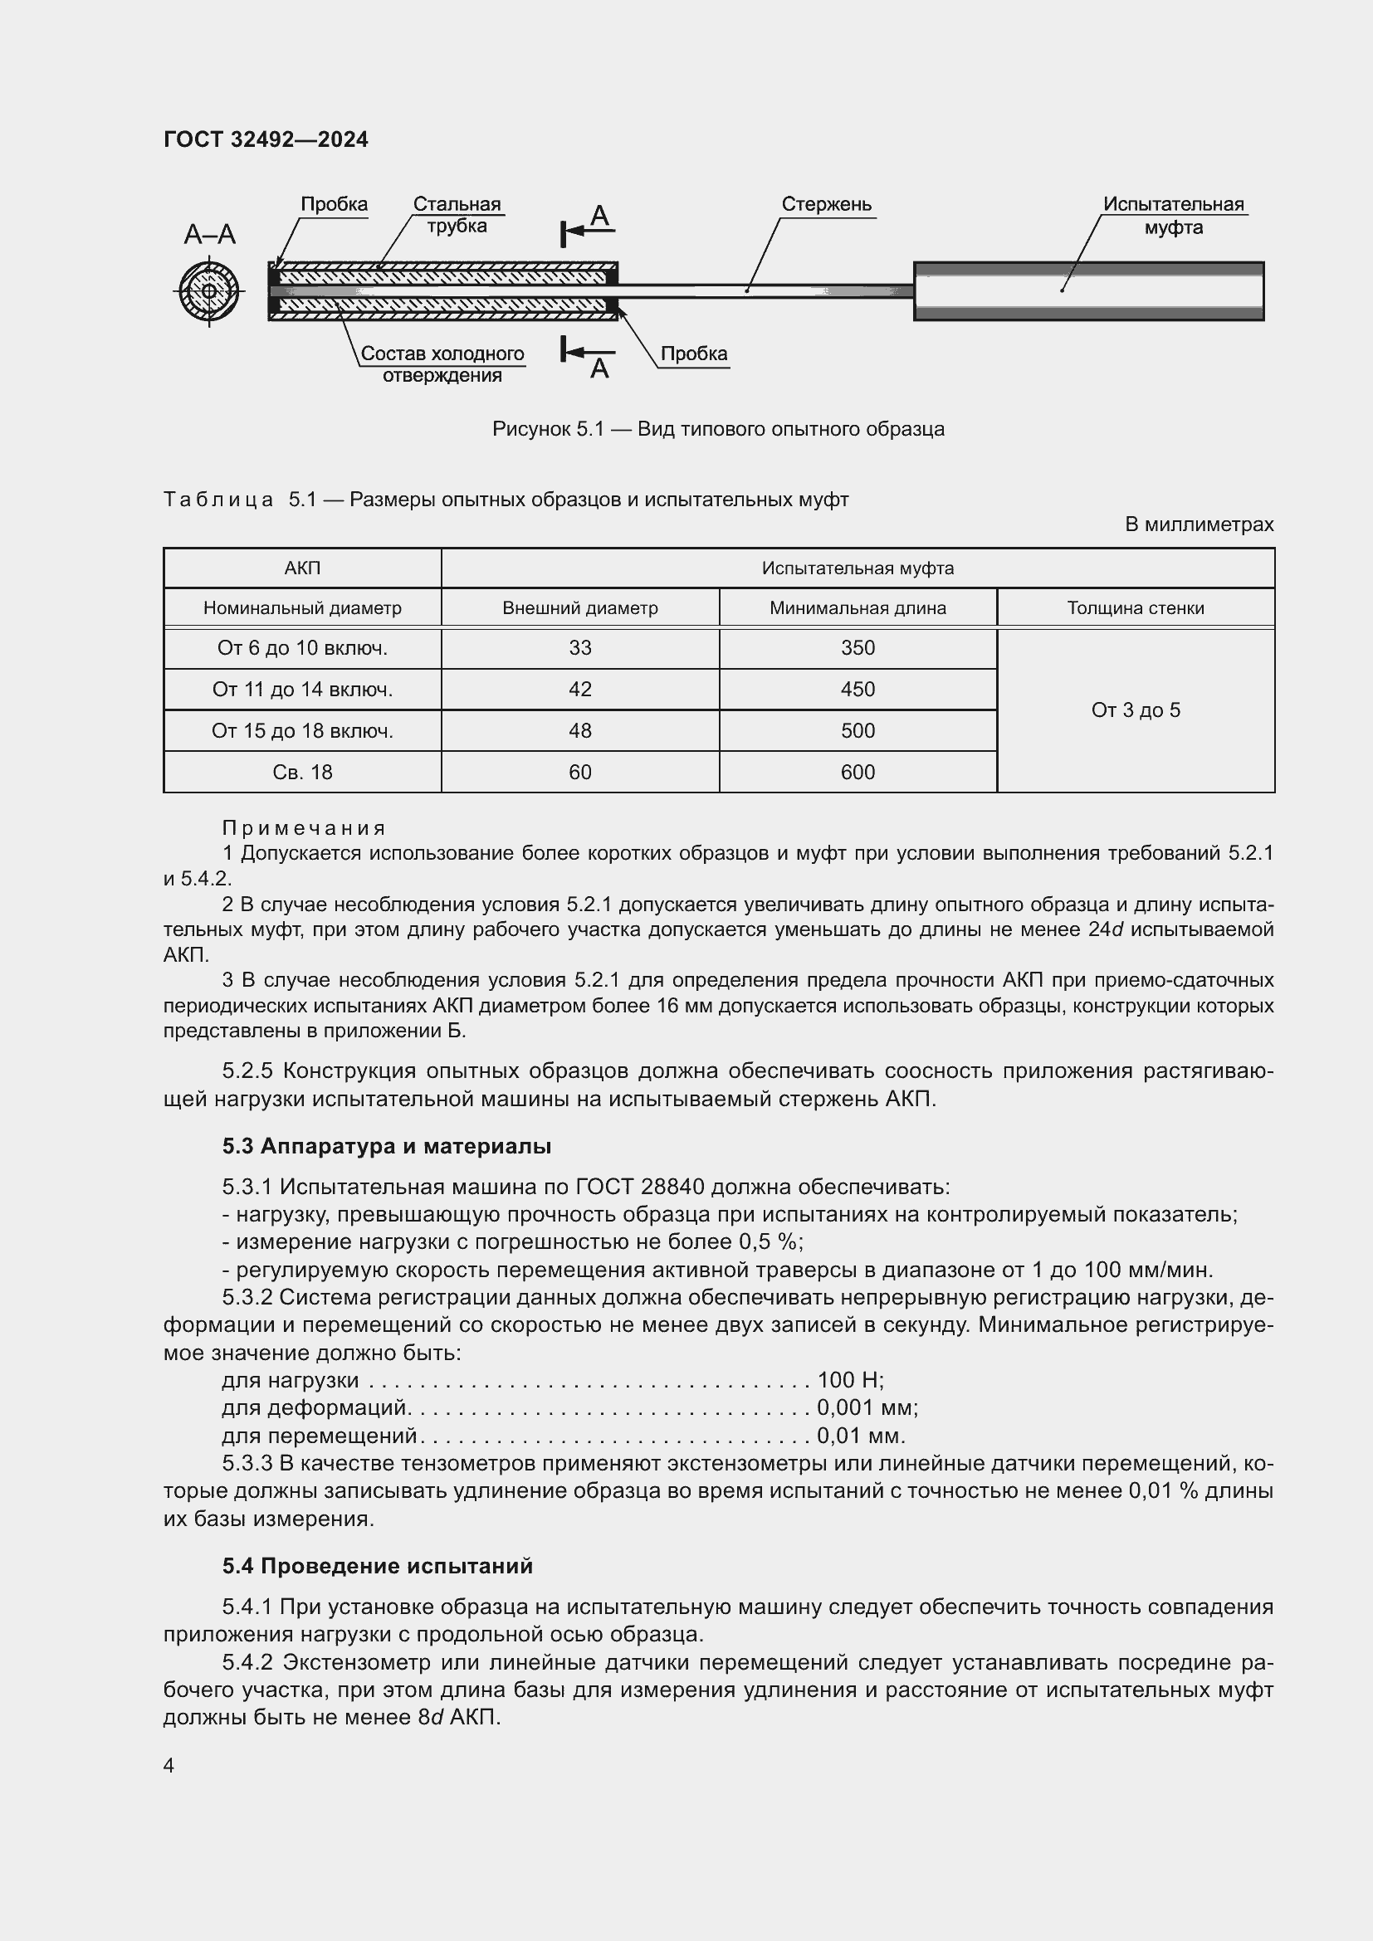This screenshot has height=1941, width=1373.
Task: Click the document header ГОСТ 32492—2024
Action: [266, 139]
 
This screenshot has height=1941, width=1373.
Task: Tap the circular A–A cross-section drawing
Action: [209, 291]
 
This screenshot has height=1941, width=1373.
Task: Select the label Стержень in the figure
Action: [826, 205]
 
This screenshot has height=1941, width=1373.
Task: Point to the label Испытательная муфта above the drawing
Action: [1173, 216]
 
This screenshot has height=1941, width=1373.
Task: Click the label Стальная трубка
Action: [457, 215]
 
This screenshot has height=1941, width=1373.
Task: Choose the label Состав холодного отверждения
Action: [442, 364]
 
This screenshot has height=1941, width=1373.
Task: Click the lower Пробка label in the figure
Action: [693, 354]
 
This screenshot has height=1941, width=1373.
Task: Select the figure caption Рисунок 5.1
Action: [718, 430]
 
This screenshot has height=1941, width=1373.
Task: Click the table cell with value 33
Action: [580, 648]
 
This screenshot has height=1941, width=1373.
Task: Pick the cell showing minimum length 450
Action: [858, 690]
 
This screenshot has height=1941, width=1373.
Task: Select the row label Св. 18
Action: [302, 773]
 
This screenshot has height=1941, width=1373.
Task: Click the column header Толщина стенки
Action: [1135, 607]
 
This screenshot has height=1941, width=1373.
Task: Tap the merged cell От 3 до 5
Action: [1135, 710]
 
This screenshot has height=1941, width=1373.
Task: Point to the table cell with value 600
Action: [858, 773]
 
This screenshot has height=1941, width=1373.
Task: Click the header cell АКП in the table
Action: [302, 568]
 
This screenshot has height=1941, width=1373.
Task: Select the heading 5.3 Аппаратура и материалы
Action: [386, 1146]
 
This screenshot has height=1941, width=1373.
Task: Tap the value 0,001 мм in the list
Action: [867, 1407]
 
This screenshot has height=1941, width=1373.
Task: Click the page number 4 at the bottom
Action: [169, 1765]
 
